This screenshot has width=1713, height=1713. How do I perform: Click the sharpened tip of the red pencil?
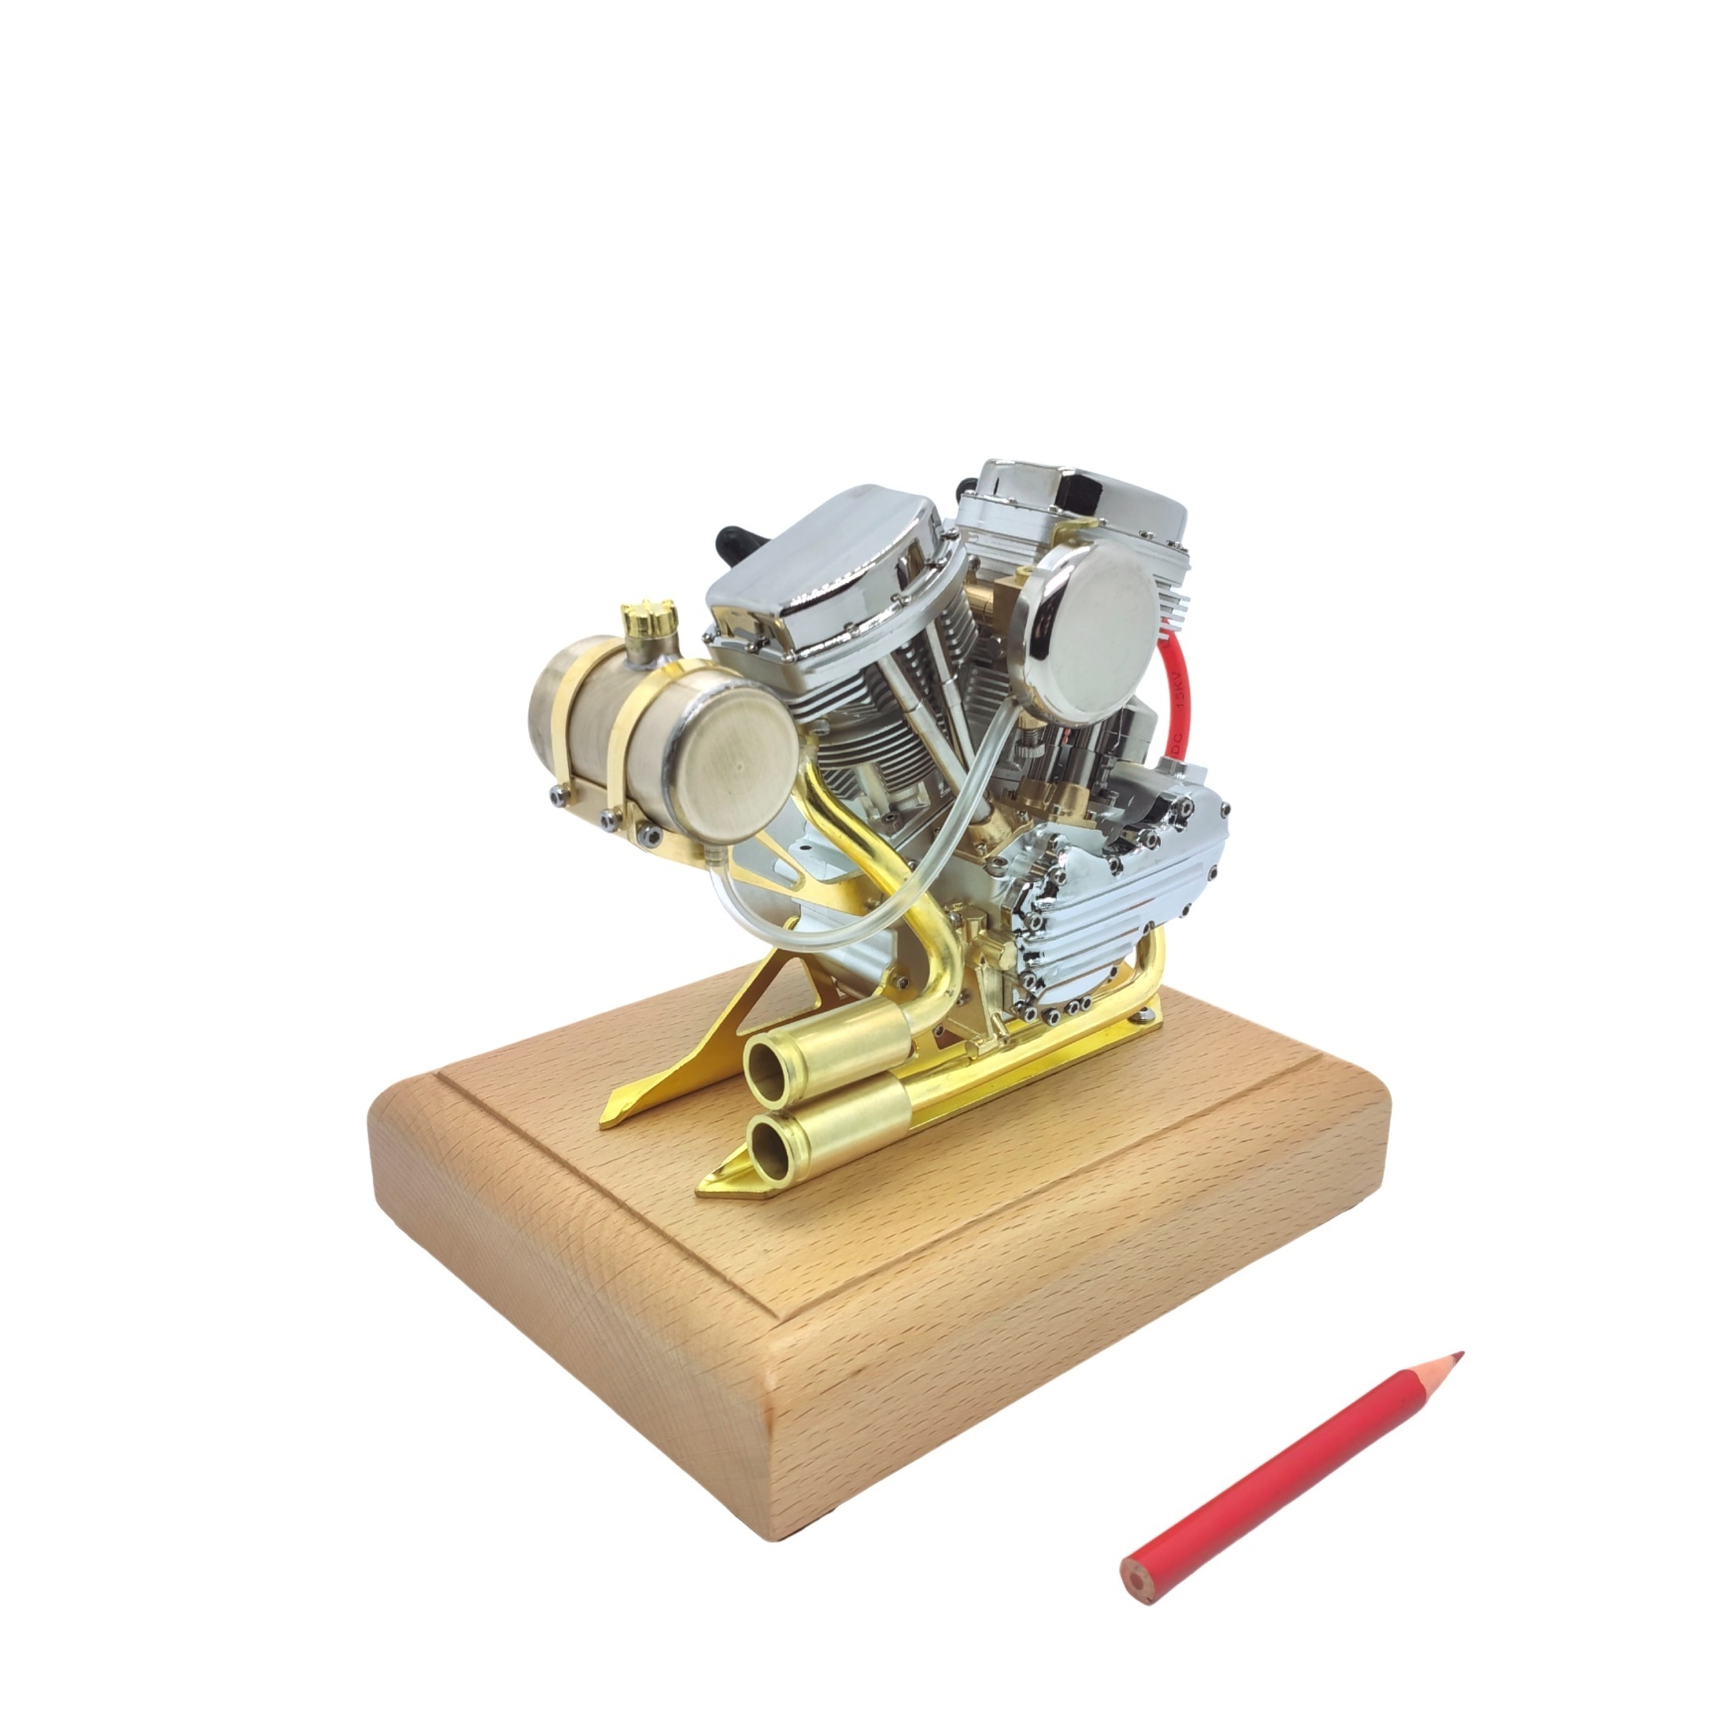[1458, 1355]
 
